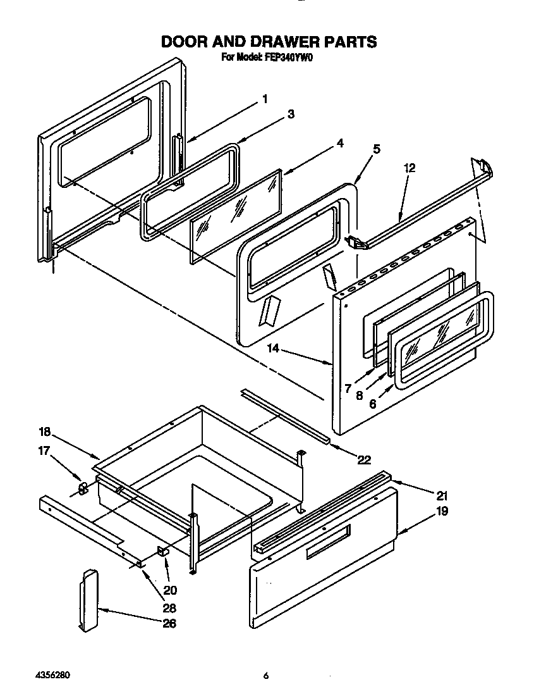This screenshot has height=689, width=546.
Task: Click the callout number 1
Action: click(x=265, y=99)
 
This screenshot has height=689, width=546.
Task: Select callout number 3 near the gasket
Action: click(x=291, y=115)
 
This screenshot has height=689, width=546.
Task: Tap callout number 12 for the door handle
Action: click(x=409, y=168)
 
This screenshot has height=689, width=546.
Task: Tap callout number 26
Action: click(x=169, y=623)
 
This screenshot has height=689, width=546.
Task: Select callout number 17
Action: click(x=44, y=451)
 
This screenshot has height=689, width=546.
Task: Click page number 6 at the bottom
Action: click(x=266, y=676)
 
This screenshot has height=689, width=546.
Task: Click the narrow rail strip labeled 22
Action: click(x=284, y=415)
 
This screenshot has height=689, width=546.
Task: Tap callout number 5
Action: click(x=376, y=149)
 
